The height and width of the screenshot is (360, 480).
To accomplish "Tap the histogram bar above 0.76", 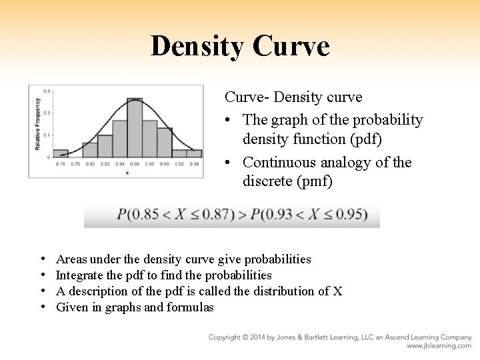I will (x=61, y=153).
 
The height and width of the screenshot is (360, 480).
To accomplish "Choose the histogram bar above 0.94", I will (x=194, y=153).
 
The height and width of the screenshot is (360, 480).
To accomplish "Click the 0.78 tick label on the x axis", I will (x=75, y=163).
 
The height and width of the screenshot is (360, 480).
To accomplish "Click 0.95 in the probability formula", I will (x=353, y=215).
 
